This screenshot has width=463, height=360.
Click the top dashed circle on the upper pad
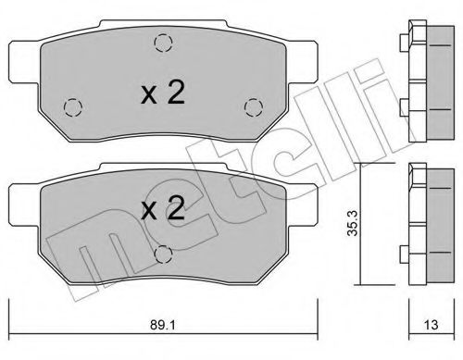coord(163,42)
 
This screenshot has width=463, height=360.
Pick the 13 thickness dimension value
coord(428,326)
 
